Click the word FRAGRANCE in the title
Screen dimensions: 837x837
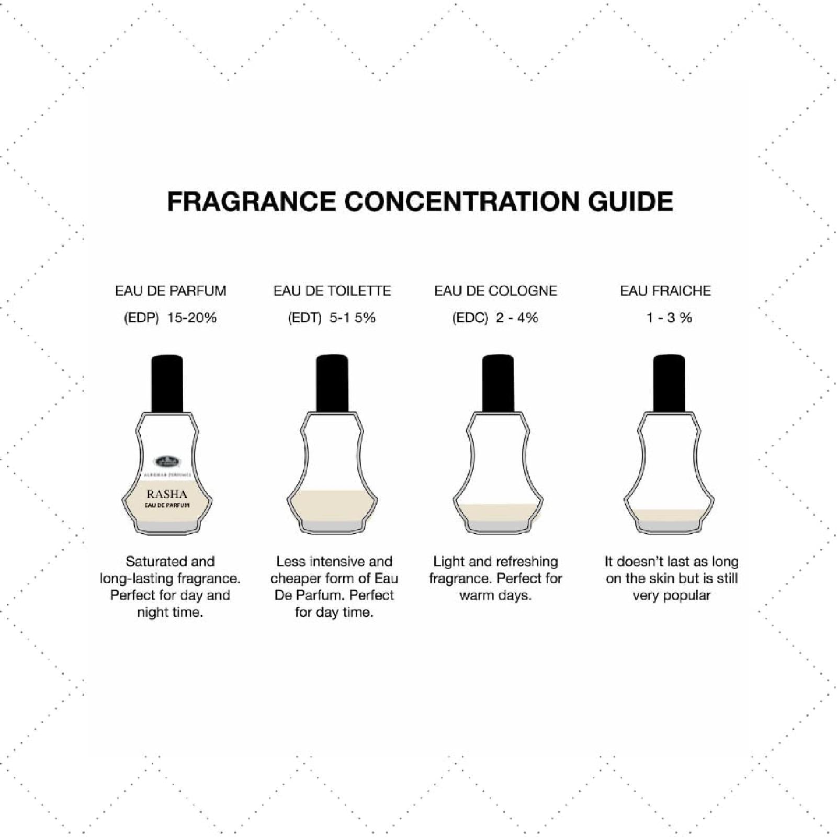251,202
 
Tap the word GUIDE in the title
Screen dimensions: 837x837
630,202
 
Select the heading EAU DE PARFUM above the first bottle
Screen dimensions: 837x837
171,291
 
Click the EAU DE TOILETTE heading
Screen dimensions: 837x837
332,291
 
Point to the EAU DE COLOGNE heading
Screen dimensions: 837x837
495,291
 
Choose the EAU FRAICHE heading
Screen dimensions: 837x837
665,291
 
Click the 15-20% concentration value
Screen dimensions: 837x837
191,318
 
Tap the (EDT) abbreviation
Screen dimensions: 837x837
304,318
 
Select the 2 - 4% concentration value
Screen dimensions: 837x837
517,318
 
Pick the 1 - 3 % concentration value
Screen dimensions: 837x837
669,318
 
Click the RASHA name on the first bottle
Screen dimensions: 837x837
167,494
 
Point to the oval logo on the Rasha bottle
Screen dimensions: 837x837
167,462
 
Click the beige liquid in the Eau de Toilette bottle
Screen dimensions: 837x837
332,505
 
